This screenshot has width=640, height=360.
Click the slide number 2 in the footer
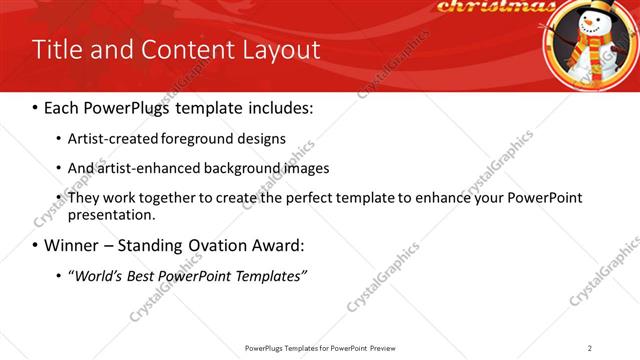coord(590,348)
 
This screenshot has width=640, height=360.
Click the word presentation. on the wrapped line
coord(111,214)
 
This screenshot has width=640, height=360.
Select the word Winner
coord(71,244)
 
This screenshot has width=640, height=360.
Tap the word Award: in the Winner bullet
coord(276,244)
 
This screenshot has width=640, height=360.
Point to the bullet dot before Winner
coord(36,245)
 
